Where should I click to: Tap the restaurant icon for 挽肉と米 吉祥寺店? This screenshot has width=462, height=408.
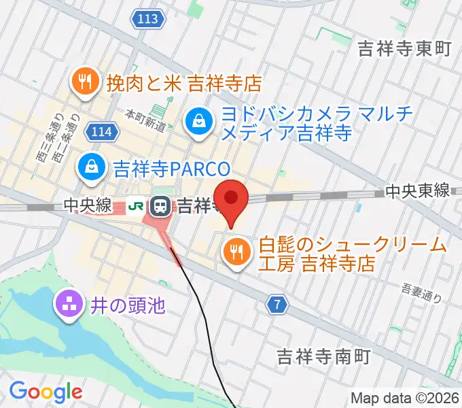85,83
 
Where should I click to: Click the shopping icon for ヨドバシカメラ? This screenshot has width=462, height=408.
198,122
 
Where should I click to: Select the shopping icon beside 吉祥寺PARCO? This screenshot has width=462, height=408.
90,167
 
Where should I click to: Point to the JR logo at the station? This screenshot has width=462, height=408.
137,205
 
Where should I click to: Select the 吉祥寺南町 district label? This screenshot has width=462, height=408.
323,356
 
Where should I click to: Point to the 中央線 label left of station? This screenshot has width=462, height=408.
88,205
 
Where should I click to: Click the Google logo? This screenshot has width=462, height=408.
46,391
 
